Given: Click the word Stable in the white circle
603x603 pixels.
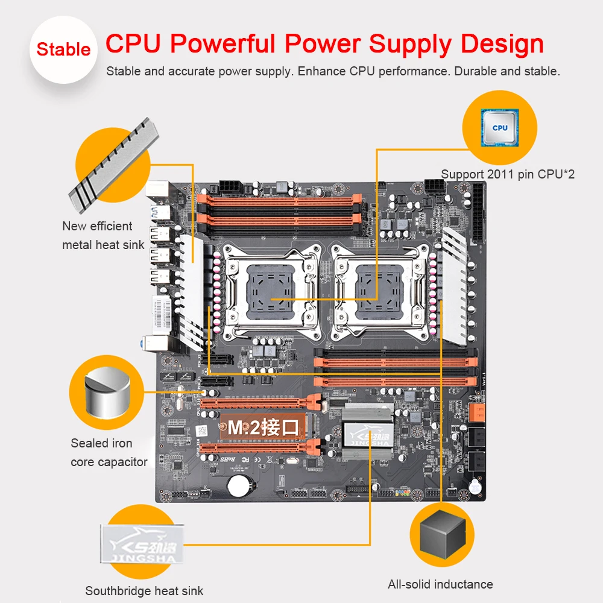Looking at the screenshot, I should pos(63,49).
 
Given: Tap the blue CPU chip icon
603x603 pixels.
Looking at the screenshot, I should pos(499,128).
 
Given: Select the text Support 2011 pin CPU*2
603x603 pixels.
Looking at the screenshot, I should pos(508,174).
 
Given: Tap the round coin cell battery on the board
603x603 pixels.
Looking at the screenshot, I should pos(240,485).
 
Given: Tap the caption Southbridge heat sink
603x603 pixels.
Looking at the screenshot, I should pos(144,591).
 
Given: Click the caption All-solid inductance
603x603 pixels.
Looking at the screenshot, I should pos(440,584).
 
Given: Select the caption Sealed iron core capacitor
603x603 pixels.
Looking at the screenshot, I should pos(109,452).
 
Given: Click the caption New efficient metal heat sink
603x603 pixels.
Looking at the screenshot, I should pos(103,235).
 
